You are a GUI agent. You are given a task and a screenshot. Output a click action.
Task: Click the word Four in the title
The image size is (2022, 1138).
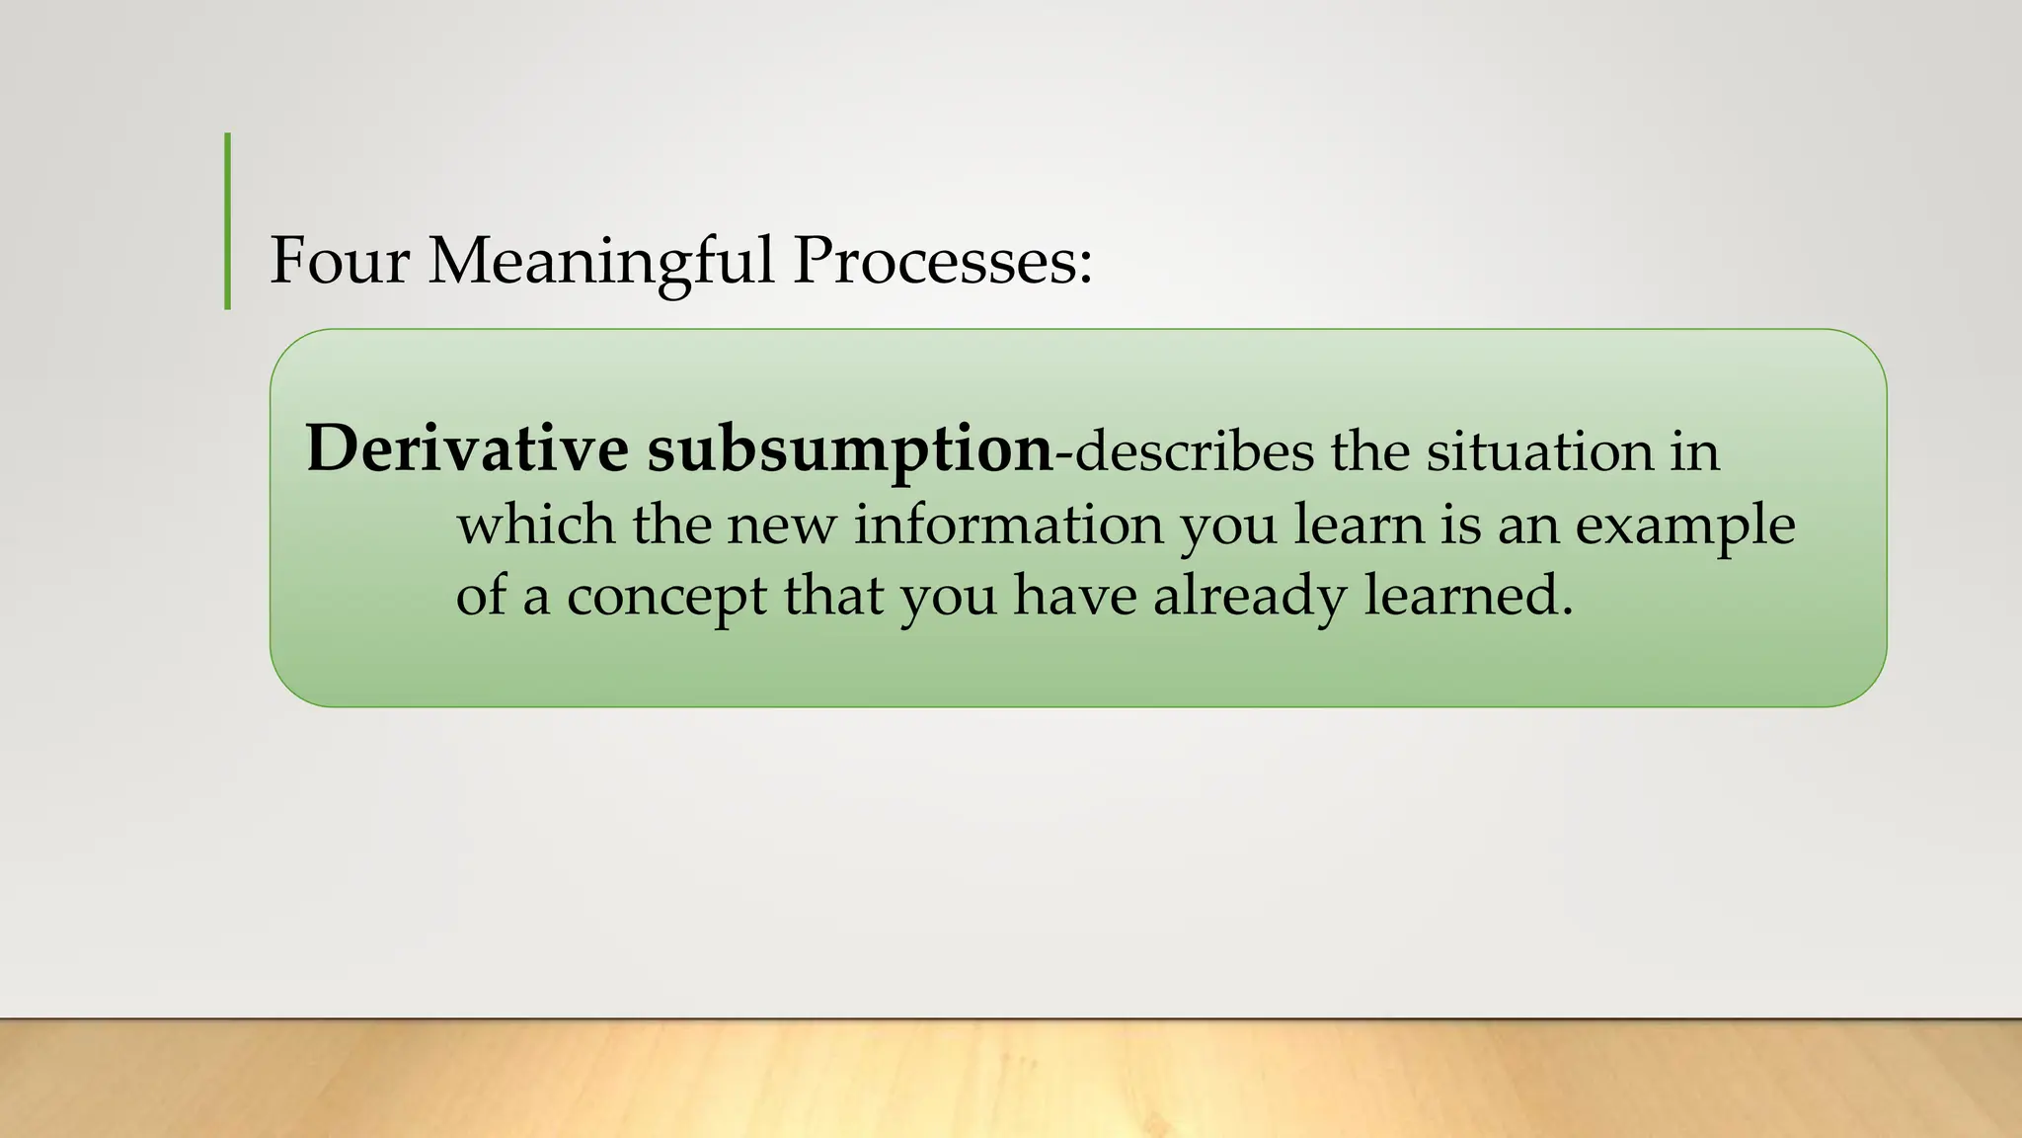(339, 261)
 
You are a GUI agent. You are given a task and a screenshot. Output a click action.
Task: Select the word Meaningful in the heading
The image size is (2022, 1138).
(600, 263)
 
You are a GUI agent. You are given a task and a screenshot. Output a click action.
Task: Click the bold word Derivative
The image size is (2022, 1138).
(467, 448)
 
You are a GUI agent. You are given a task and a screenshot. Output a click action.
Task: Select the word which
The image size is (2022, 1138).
(535, 524)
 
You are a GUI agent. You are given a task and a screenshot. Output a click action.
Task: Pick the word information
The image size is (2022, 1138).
(1008, 524)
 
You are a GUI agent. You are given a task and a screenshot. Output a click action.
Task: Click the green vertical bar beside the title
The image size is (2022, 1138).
(228, 221)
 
